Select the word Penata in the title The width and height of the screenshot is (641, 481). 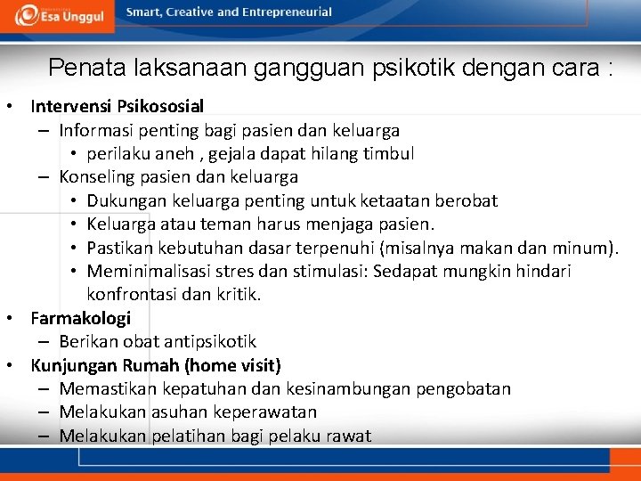point(80,68)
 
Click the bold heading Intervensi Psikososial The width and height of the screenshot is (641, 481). point(117,107)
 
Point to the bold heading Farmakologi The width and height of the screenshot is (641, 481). point(80,318)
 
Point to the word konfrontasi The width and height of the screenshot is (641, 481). point(133,295)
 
